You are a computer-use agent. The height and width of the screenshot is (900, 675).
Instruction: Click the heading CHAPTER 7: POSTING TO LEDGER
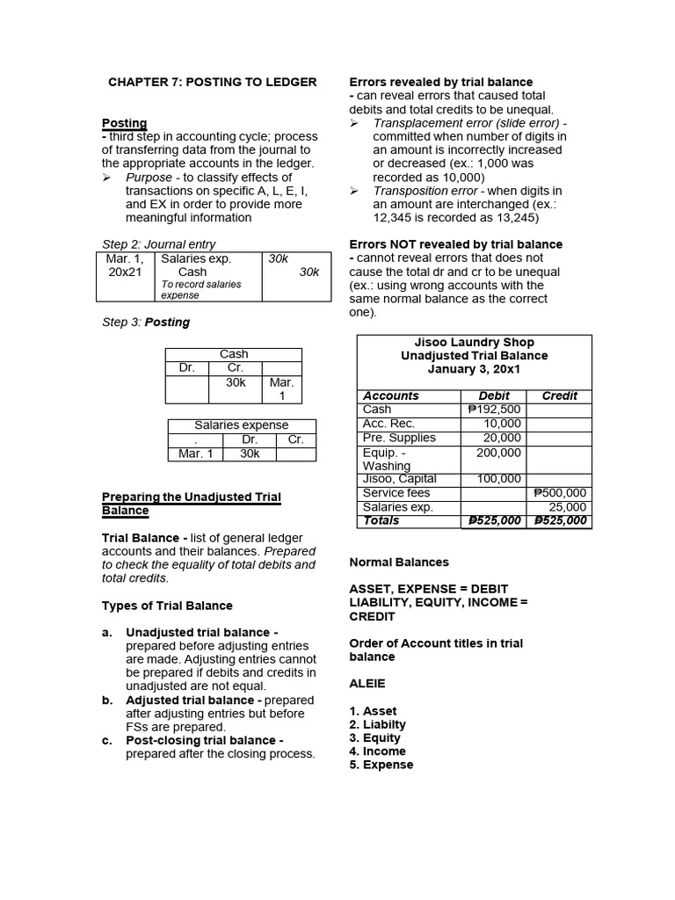[212, 82]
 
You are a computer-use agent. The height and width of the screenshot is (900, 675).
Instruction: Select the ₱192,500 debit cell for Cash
[494, 410]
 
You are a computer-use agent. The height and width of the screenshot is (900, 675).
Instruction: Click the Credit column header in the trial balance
[559, 396]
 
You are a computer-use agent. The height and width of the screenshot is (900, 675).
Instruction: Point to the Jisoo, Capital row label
[399, 479]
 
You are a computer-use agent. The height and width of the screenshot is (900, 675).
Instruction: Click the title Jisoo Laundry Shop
[474, 342]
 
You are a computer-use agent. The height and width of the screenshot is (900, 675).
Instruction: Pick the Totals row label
[381, 520]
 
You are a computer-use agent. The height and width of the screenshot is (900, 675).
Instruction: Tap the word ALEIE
[367, 683]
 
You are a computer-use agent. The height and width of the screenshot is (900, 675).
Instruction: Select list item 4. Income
[378, 751]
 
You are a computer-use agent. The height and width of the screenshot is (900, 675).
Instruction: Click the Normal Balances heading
[399, 562]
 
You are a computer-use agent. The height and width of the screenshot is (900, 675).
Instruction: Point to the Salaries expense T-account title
[241, 425]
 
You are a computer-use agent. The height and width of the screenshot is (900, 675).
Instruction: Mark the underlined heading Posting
[125, 123]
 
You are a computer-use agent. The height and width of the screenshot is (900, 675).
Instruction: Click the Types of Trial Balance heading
[167, 606]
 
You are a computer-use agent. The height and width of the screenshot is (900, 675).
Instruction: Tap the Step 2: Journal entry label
[158, 244]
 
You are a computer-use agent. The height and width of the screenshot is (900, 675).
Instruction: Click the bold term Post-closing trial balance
[205, 741]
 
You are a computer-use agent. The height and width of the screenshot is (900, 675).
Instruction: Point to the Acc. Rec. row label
[388, 424]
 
